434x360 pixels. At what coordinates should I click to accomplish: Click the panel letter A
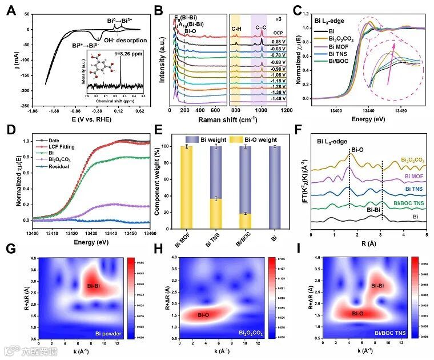coord(11,8)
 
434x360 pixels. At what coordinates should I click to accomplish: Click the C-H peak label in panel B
coord(236,28)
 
